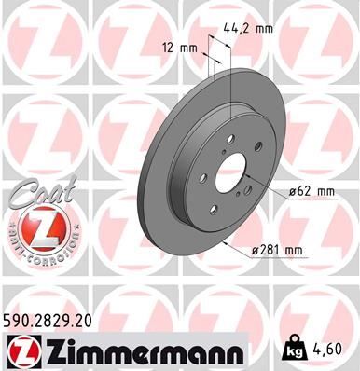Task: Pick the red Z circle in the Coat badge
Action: coord(35,227)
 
